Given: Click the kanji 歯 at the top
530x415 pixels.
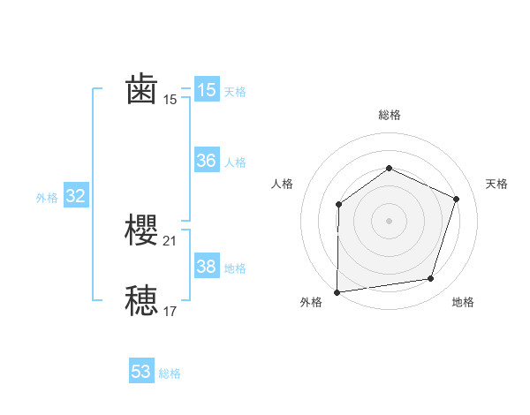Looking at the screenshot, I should (142, 89).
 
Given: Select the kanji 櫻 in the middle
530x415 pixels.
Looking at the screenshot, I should (142, 230).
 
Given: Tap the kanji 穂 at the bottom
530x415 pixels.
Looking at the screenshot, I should (142, 301).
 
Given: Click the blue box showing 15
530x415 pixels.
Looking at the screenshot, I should (207, 90).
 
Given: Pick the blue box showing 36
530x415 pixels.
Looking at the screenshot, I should (207, 161).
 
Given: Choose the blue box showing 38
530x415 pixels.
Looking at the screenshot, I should (207, 267).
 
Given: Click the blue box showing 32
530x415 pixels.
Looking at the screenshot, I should (76, 197).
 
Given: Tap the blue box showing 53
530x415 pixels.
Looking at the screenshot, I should (141, 372).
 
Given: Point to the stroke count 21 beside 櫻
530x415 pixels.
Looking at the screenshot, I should (170, 240).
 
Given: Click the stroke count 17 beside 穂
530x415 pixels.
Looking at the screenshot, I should (170, 311).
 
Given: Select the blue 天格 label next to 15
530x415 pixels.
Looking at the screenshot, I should (235, 91).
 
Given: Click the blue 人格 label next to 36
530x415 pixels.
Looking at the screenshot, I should (235, 162).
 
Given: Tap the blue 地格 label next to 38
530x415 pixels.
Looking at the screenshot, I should (235, 268).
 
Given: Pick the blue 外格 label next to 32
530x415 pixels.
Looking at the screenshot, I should (47, 198).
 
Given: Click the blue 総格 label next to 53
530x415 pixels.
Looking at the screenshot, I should (170, 373).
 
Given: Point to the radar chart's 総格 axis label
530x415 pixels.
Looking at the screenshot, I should (389, 115).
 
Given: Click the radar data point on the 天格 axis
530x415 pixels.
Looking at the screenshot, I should (457, 199).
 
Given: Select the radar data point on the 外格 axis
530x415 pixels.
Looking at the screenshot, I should (337, 292).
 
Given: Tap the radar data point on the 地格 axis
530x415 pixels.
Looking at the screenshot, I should (431, 279).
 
